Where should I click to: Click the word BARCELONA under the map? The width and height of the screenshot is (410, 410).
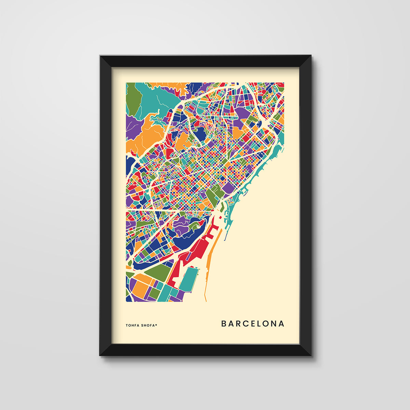252,324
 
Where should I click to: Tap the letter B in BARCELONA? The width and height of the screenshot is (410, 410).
224,324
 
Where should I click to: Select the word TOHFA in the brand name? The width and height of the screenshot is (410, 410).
133,325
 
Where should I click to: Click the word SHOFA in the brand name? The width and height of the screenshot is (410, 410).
148,325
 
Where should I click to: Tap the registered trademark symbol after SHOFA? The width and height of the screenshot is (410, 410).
156,325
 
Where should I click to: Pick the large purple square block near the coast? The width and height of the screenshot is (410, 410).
228,188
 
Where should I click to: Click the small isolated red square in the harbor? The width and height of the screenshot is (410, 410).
221,217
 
